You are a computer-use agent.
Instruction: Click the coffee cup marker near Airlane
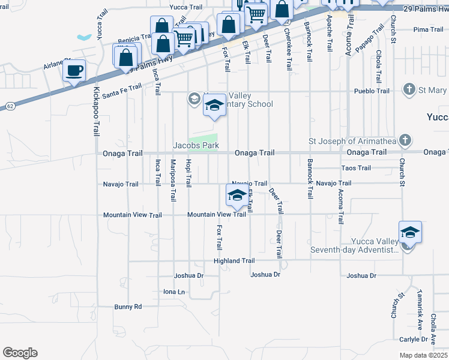pos(74,71)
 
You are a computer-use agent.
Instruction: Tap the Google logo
pos(20,353)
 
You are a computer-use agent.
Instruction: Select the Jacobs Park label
pos(196,145)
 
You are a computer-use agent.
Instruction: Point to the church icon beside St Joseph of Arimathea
pos(405,140)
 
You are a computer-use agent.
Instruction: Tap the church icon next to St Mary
pos(409,90)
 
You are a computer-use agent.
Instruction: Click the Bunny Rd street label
pos(128,307)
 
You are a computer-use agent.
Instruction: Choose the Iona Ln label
pos(174,292)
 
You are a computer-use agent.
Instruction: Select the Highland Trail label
pos(234,261)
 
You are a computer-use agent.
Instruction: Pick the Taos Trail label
pos(356,168)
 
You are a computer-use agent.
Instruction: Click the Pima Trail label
pos(428,29)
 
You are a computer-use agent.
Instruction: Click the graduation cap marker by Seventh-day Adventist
pos(410,233)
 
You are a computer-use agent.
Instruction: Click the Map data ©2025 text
pos(423,355)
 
